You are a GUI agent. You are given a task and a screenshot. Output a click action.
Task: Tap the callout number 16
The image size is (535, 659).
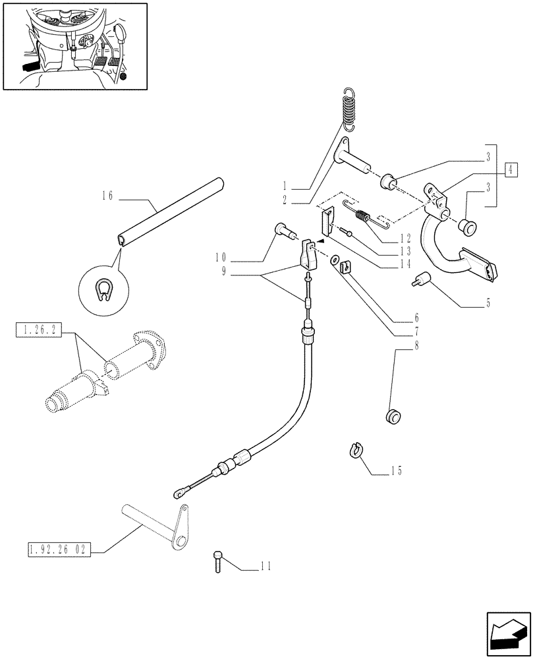pyautogui.click(x=109, y=195)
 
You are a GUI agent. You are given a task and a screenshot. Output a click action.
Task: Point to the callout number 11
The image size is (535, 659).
pyautogui.click(x=265, y=565)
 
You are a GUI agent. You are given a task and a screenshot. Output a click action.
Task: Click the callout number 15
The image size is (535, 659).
pyautogui.click(x=396, y=471)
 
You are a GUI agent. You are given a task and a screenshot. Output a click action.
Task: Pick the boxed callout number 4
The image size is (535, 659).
pyautogui.click(x=510, y=169)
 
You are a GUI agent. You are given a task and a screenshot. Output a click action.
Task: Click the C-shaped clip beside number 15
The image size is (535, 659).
pyautogui.click(x=353, y=451)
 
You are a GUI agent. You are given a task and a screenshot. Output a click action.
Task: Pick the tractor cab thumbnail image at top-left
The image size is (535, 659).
pyautogui.click(x=74, y=45)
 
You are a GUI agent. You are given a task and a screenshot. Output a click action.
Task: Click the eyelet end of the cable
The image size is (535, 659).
pyautogui.click(x=179, y=492)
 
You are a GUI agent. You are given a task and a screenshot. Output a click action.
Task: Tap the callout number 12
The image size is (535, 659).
pyautogui.click(x=405, y=237)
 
